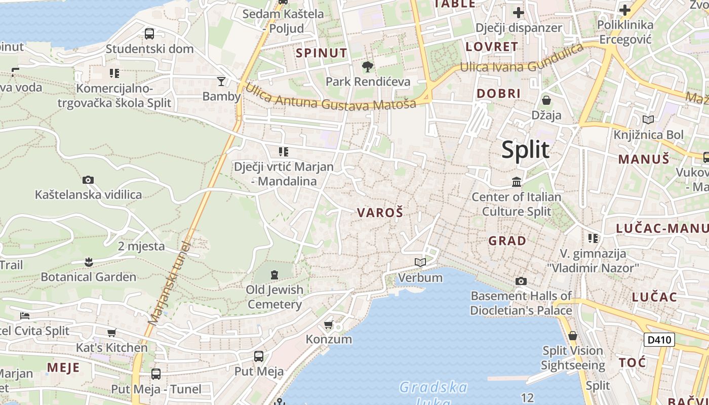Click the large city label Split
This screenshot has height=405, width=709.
[525, 150]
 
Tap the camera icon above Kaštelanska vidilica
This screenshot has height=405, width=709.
[88, 180]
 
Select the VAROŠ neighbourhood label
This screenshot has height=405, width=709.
[380, 213]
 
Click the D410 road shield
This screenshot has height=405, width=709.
[659, 339]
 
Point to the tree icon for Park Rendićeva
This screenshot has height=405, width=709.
[368, 66]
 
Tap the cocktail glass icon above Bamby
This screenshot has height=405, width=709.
[221, 81]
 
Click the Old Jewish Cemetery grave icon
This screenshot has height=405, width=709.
[274, 275]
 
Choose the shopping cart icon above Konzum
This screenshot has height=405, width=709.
[329, 324]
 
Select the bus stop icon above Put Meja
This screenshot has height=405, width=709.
[259, 356]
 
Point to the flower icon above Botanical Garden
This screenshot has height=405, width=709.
[89, 262]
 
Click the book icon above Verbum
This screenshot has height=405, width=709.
[420, 262]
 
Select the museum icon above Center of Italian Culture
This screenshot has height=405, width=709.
[517, 181]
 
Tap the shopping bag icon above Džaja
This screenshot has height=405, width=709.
[546, 100]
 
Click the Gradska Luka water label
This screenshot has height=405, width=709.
[433, 394]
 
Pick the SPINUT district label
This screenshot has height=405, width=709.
[322, 53]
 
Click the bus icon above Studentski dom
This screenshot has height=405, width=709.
[149, 34]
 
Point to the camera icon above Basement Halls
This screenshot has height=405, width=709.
[521, 281]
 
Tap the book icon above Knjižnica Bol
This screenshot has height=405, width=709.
[648, 119]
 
